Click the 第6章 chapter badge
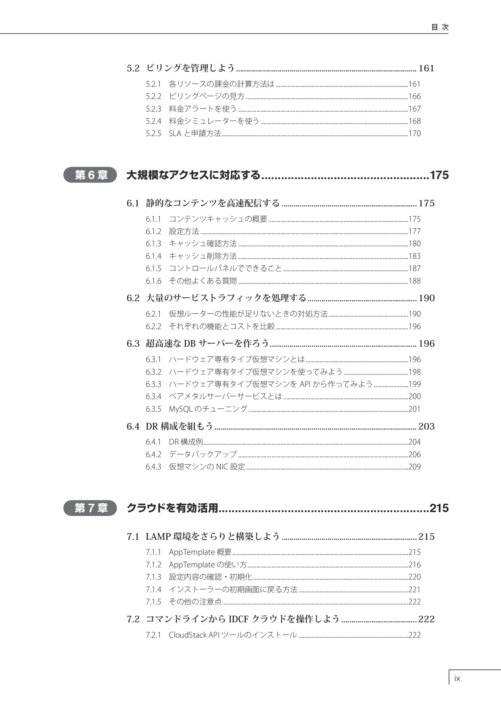90,175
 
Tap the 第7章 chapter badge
90,508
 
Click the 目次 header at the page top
440,27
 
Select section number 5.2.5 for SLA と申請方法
153,133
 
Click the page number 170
415,133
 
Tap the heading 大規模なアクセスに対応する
193,175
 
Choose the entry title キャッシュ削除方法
203,256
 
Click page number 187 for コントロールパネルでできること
415,268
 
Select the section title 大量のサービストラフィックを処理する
226,298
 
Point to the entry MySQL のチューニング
208,409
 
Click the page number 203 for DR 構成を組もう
426,426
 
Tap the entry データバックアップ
203,454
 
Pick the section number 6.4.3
153,467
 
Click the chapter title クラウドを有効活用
172,508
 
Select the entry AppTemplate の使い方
208,565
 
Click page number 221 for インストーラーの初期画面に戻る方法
415,589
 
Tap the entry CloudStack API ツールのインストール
233,635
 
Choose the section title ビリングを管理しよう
190,68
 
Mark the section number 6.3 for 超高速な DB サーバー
133,344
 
